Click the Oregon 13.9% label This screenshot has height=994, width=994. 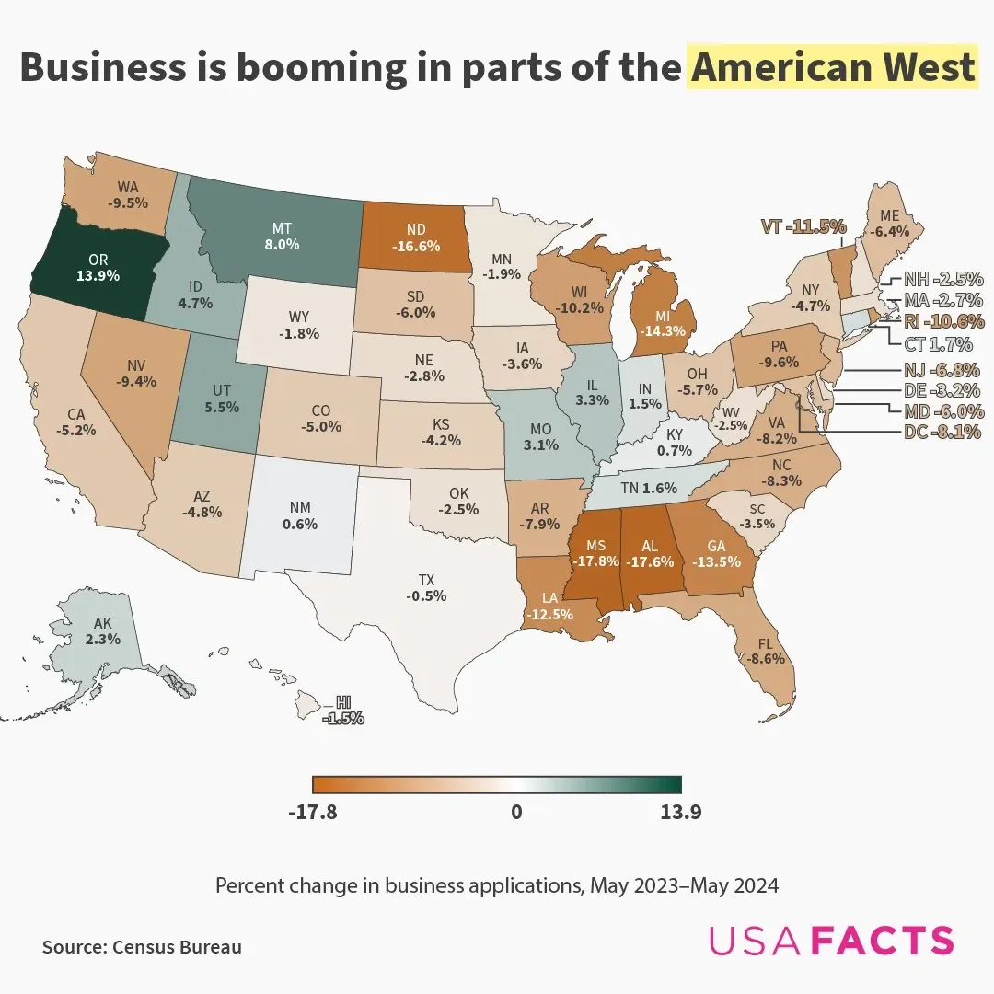[98, 267]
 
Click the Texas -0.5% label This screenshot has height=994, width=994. [426, 587]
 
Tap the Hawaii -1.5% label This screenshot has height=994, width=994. [342, 711]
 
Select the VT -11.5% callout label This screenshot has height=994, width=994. [803, 226]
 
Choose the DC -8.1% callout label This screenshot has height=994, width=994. [942, 431]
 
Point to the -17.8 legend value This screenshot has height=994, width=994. [313, 813]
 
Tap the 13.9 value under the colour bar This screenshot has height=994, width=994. [681, 813]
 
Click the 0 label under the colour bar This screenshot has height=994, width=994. [516, 813]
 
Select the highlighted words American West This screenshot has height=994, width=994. [831, 68]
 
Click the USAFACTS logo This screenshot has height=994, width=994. [831, 940]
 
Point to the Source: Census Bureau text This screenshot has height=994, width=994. [142, 946]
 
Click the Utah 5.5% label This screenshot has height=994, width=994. [223, 398]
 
